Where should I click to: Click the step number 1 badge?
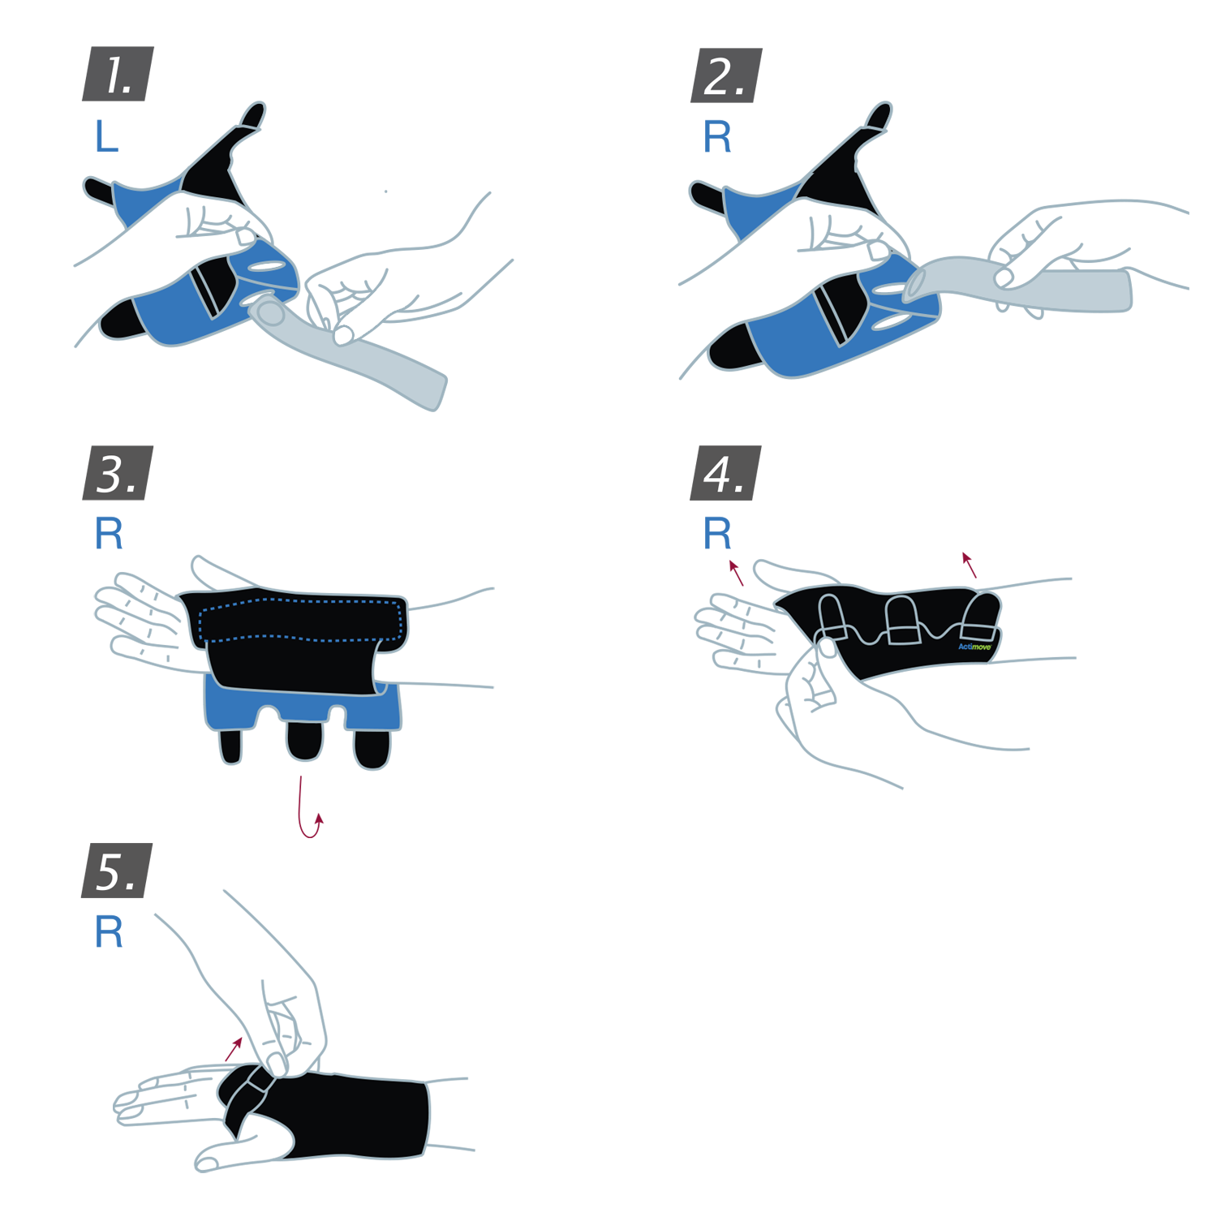tap(118, 74)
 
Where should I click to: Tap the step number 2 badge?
tap(726, 75)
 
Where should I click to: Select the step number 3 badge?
tap(118, 473)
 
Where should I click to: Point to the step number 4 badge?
tap(726, 473)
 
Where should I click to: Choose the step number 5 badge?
tap(118, 871)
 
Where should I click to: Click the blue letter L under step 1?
tap(106, 136)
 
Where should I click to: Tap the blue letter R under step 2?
tap(717, 137)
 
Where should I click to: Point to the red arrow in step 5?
tap(234, 1049)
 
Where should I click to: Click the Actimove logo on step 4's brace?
tap(975, 647)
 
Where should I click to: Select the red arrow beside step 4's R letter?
tap(736, 573)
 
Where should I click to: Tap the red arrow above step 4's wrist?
tap(969, 565)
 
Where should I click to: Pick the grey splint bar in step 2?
tap(1019, 286)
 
